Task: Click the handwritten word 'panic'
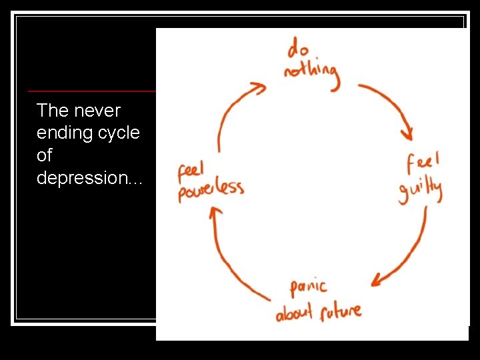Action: coord(308,287)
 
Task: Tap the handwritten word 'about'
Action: coord(293,313)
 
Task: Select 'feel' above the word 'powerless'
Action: coord(191,169)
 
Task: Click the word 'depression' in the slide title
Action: coord(89,179)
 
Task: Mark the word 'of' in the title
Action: coord(44,155)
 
